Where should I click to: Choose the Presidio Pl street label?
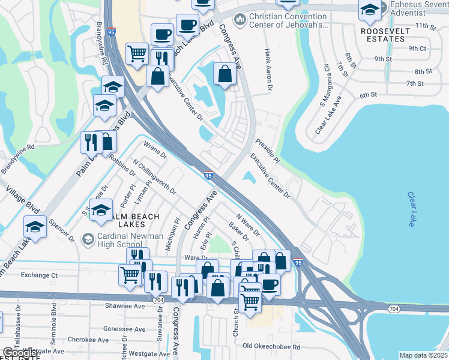pos(268,152)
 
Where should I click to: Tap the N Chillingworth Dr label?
pos(154,176)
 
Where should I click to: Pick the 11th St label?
pos(425,26)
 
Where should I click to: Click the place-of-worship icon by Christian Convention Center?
pos(240,20)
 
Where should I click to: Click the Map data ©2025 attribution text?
pos(423,355)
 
